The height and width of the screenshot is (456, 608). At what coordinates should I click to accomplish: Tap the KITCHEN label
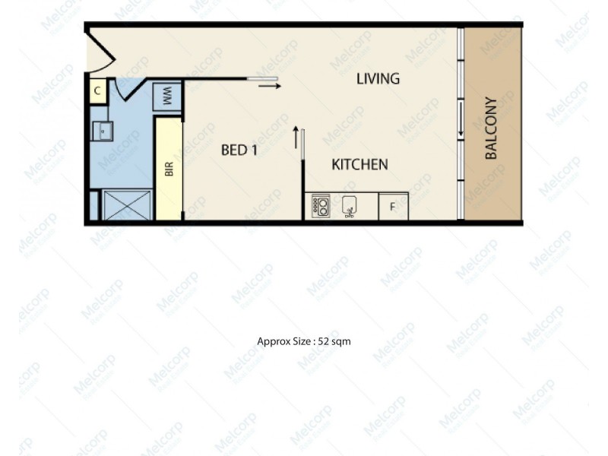tap(360, 164)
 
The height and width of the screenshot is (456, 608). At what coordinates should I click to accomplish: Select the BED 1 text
tap(239, 150)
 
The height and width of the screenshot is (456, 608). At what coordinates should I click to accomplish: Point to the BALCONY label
tap(491, 128)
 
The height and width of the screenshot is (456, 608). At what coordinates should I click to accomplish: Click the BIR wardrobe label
tap(169, 168)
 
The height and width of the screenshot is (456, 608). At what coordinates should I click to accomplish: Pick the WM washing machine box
tap(166, 97)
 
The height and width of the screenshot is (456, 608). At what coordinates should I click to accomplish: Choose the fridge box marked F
tap(393, 207)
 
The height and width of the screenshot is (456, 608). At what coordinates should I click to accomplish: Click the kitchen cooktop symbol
tap(320, 205)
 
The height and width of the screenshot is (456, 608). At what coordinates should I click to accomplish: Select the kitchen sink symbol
tap(350, 206)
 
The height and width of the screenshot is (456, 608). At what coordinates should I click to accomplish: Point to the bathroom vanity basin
tap(102, 131)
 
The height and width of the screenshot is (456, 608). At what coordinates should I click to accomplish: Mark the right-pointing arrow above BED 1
tap(269, 86)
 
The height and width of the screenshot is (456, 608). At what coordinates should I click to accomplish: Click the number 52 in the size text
tap(318, 341)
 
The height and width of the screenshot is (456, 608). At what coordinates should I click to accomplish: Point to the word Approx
tap(272, 341)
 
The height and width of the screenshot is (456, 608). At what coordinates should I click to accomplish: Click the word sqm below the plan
tap(339, 341)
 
